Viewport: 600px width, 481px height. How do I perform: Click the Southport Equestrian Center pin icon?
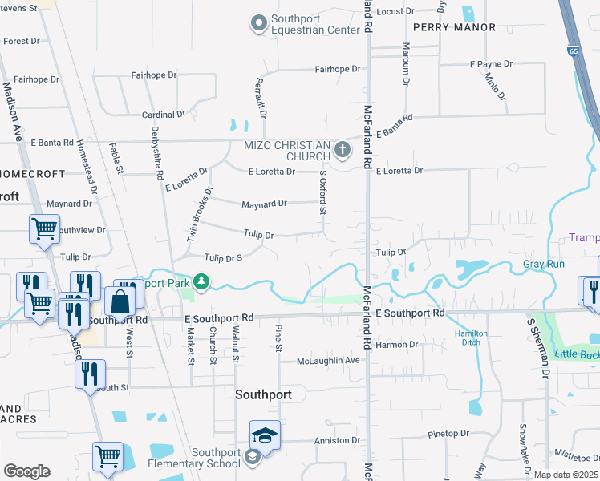click(x=258, y=25)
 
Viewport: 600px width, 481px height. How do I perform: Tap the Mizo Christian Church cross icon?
click(x=343, y=149)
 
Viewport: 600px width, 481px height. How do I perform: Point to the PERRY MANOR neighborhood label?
click(x=445, y=26)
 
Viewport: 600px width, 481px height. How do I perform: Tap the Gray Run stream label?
click(x=544, y=264)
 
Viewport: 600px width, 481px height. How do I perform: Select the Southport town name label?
click(x=268, y=394)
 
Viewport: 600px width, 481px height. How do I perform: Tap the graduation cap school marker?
click(x=265, y=435)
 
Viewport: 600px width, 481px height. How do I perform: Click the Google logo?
click(x=26, y=471)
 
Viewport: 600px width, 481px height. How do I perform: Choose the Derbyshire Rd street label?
click(x=158, y=153)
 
